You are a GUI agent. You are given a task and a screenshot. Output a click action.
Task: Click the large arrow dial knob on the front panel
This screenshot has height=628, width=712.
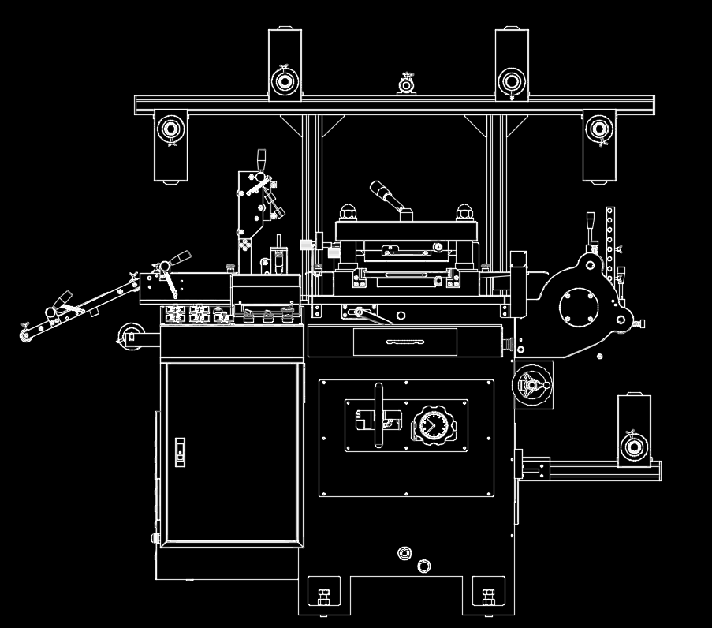pyautogui.click(x=431, y=426)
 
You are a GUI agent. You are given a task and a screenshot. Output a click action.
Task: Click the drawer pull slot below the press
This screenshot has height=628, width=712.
pyautogui.click(x=404, y=342)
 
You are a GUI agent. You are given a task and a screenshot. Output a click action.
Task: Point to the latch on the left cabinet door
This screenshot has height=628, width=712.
pyautogui.click(x=180, y=450)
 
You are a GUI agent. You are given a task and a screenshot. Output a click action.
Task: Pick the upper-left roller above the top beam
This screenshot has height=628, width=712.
pyautogui.click(x=284, y=79)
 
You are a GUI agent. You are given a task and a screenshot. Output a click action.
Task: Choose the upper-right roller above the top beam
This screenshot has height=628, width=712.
pyautogui.click(x=511, y=79)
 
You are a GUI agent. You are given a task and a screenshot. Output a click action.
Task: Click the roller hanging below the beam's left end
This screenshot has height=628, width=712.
pyautogui.click(x=170, y=128)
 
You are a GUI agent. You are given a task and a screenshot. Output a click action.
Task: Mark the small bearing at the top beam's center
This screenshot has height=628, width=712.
pyautogui.click(x=407, y=84)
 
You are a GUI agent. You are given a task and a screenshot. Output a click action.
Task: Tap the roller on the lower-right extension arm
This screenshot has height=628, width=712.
pyautogui.click(x=632, y=448)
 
